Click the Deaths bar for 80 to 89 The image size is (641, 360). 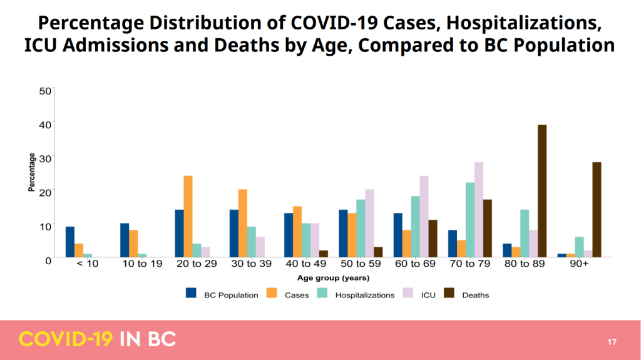coord(542,191)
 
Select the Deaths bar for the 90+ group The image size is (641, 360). coord(597,210)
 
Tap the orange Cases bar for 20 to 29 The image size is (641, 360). coord(188,216)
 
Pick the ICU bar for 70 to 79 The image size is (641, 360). coord(479,210)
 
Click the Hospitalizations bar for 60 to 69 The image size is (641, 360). coord(415,227)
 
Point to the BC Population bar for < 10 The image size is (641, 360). coord(70,242)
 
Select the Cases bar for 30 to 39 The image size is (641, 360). coord(242,223)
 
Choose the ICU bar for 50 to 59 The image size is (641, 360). coord(369,223)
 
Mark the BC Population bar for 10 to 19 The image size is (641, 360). coord(125,240)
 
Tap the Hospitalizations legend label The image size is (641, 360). coord(364,295)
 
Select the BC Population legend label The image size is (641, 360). coord(231,295)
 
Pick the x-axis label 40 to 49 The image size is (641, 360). coord(305,264)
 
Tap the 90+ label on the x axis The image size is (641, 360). coord(579,264)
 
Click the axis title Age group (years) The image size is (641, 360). coord(333,278)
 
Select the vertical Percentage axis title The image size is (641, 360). coord(31,173)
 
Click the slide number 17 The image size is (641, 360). coord(612,342)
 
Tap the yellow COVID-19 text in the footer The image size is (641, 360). coord(66,339)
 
